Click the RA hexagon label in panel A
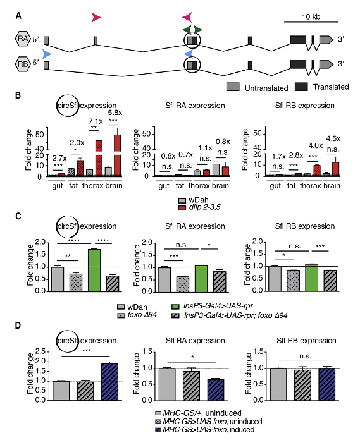[x=22, y=39]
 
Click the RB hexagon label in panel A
[x=22, y=64]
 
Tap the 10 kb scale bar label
[x=311, y=16]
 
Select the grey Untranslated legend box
[x=233, y=87]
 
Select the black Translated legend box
[x=301, y=87]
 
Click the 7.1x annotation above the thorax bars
[x=95, y=121]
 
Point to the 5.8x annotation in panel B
[x=115, y=113]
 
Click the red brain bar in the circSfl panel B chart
[x=117, y=155]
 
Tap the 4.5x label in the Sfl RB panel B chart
[x=333, y=138]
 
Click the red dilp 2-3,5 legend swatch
[x=182, y=208]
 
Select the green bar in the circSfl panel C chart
[x=94, y=270]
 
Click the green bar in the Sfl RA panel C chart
[x=201, y=279]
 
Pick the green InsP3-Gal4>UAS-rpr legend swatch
[x=176, y=307]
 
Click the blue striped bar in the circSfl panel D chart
[x=109, y=382]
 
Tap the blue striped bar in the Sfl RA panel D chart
[x=216, y=390]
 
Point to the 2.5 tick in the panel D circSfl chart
[x=40, y=352]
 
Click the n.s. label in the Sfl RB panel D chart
[x=305, y=356]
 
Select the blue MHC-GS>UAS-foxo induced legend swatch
[x=158, y=429]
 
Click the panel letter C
[x=18, y=216]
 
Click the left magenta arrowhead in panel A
[x=96, y=17]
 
